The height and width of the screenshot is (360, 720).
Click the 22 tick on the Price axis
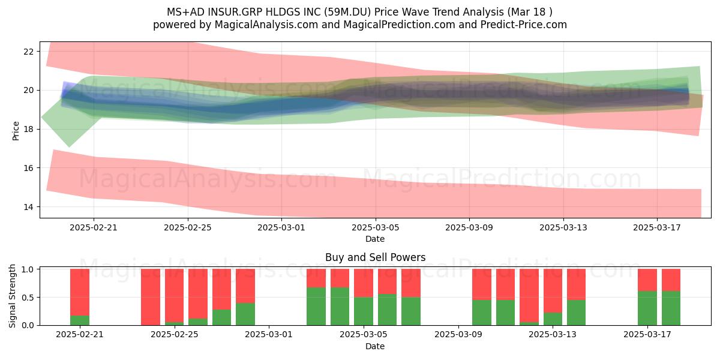(x=29, y=52)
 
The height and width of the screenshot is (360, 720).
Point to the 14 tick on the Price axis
(x=29, y=206)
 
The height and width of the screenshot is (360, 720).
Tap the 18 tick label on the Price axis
(x=29, y=129)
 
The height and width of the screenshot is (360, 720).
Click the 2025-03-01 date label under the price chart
(x=281, y=227)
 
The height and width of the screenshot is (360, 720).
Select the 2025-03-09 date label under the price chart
(x=469, y=227)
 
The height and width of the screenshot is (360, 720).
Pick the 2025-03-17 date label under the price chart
(x=656, y=227)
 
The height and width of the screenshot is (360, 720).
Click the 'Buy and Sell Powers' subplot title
(x=375, y=257)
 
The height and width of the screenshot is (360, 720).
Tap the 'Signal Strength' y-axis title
(x=12, y=296)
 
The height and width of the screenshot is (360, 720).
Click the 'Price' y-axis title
(x=16, y=131)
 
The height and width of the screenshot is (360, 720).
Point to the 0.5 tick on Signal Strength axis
(x=28, y=298)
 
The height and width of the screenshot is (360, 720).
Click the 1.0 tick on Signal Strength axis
(x=28, y=269)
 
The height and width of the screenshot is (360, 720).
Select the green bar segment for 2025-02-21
(x=80, y=320)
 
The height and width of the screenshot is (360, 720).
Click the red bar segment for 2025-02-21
(x=80, y=292)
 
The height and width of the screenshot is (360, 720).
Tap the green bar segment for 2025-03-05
(x=364, y=311)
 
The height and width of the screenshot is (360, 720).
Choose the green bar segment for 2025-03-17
(x=647, y=308)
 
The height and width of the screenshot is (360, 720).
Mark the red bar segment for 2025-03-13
(x=553, y=290)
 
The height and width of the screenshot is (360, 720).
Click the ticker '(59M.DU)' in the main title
(x=347, y=12)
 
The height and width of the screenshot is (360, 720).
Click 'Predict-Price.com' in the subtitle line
(x=524, y=25)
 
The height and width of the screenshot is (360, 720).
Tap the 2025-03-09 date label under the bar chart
(x=458, y=335)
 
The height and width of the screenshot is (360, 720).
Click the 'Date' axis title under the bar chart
(x=375, y=346)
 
